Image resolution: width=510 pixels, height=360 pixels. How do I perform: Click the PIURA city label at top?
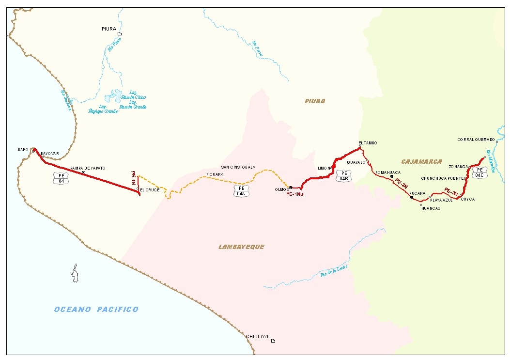point(109,29)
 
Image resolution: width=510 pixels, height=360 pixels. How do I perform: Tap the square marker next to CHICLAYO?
point(273,341)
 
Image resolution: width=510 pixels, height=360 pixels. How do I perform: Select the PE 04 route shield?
point(61,178)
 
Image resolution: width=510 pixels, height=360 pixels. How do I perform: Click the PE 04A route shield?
point(241,191)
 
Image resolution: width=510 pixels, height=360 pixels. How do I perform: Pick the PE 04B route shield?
point(344,175)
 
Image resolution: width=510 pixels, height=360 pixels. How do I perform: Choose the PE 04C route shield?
point(479,172)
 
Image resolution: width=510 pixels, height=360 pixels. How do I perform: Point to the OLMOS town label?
point(281,189)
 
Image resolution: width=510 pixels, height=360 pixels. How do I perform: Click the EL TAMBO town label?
point(368,143)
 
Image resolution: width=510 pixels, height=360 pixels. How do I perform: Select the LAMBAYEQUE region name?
point(241,247)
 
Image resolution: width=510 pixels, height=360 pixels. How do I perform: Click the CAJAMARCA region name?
point(421,161)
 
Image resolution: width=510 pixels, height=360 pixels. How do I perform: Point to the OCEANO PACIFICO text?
point(96,310)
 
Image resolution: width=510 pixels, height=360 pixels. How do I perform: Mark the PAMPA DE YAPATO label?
point(88,168)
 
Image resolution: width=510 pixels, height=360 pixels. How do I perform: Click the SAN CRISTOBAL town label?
point(237,167)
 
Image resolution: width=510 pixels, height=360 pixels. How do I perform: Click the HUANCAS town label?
point(431,208)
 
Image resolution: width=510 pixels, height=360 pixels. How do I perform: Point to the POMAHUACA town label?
point(388,172)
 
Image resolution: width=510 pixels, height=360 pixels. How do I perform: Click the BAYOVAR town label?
point(50,154)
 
